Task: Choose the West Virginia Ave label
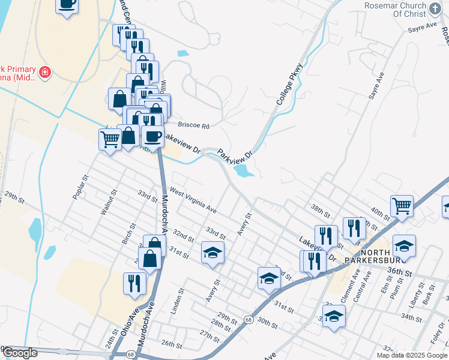193,199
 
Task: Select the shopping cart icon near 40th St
402,206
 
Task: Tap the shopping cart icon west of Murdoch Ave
110,140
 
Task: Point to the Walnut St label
106,202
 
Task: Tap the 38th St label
321,211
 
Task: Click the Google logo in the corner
20,353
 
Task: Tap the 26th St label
171,344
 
